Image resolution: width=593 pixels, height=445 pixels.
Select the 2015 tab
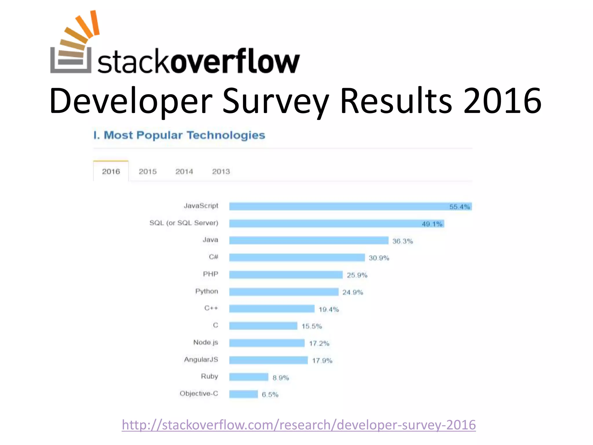click(x=147, y=172)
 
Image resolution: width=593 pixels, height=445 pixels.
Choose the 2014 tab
click(x=184, y=172)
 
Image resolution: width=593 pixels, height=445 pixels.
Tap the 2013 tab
click(x=221, y=172)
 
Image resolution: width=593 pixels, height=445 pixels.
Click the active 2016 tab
click(x=111, y=172)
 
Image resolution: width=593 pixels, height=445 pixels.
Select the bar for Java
click(x=308, y=240)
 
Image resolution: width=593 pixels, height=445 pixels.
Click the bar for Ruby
click(x=248, y=377)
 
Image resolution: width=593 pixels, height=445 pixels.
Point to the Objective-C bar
click(x=243, y=394)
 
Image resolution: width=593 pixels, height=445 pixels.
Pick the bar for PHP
click(x=286, y=275)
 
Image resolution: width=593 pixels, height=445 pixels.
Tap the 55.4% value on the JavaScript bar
click(x=459, y=207)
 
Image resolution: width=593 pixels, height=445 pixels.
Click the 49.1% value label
click(x=432, y=224)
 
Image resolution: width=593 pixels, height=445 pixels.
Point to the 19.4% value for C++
click(x=329, y=309)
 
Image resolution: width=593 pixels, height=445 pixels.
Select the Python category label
click(x=206, y=291)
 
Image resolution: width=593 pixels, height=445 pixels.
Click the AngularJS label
click(x=201, y=360)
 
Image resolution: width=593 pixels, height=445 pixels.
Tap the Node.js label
click(x=206, y=342)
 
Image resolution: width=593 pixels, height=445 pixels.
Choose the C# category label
click(x=213, y=257)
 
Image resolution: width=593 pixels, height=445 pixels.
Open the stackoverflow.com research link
click(x=299, y=425)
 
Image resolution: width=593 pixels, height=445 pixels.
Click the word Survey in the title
click(x=276, y=101)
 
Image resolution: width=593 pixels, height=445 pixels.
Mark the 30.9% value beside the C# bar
click(x=379, y=258)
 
